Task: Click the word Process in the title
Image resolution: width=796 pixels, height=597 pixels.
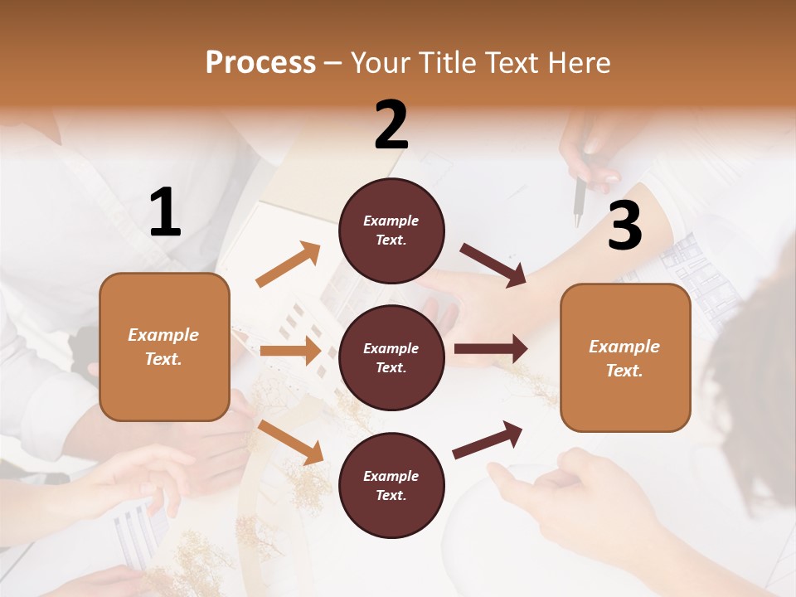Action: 260,63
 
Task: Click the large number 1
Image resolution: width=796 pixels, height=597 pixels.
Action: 165,213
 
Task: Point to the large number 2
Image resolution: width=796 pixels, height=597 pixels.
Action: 391,125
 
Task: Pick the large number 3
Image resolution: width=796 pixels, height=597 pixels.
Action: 624,226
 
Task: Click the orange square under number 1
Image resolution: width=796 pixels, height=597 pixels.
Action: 164,347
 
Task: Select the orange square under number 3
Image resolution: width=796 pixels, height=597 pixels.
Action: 625,357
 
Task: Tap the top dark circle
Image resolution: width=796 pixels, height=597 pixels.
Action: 391,231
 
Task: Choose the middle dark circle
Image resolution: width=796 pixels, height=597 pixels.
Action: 391,357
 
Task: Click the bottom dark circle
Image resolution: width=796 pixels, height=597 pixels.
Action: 391,485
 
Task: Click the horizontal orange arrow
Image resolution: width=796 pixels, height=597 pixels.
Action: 290,351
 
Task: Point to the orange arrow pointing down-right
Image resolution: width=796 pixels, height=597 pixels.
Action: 290,442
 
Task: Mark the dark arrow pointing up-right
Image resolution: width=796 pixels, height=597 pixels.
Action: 488,440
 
